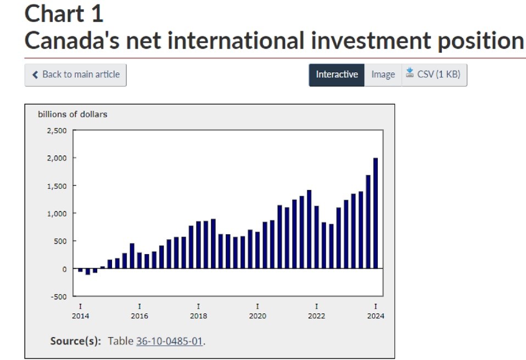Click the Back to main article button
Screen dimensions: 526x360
(75, 75)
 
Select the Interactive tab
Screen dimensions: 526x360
(337, 75)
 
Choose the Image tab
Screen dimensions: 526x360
(383, 75)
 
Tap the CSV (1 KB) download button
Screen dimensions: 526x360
(434, 75)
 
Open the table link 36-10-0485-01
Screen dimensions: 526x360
(170, 341)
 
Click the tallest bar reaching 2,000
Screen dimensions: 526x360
(376, 213)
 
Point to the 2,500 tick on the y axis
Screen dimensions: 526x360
(57, 131)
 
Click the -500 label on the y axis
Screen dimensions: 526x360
(59, 297)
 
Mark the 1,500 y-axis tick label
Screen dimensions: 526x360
(57, 186)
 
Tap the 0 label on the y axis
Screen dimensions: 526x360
(64, 269)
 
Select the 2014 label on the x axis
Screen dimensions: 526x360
(81, 316)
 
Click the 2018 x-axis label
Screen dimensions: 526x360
(199, 316)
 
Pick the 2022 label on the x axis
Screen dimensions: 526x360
(317, 316)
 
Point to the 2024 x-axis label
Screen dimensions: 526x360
(376, 316)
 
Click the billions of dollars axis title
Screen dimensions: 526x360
(72, 114)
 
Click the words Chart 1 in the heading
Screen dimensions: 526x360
(64, 14)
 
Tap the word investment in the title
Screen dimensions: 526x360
(371, 41)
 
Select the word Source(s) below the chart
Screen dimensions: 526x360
(75, 341)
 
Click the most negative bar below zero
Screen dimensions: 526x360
(88, 272)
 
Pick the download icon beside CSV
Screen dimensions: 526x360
(410, 72)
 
